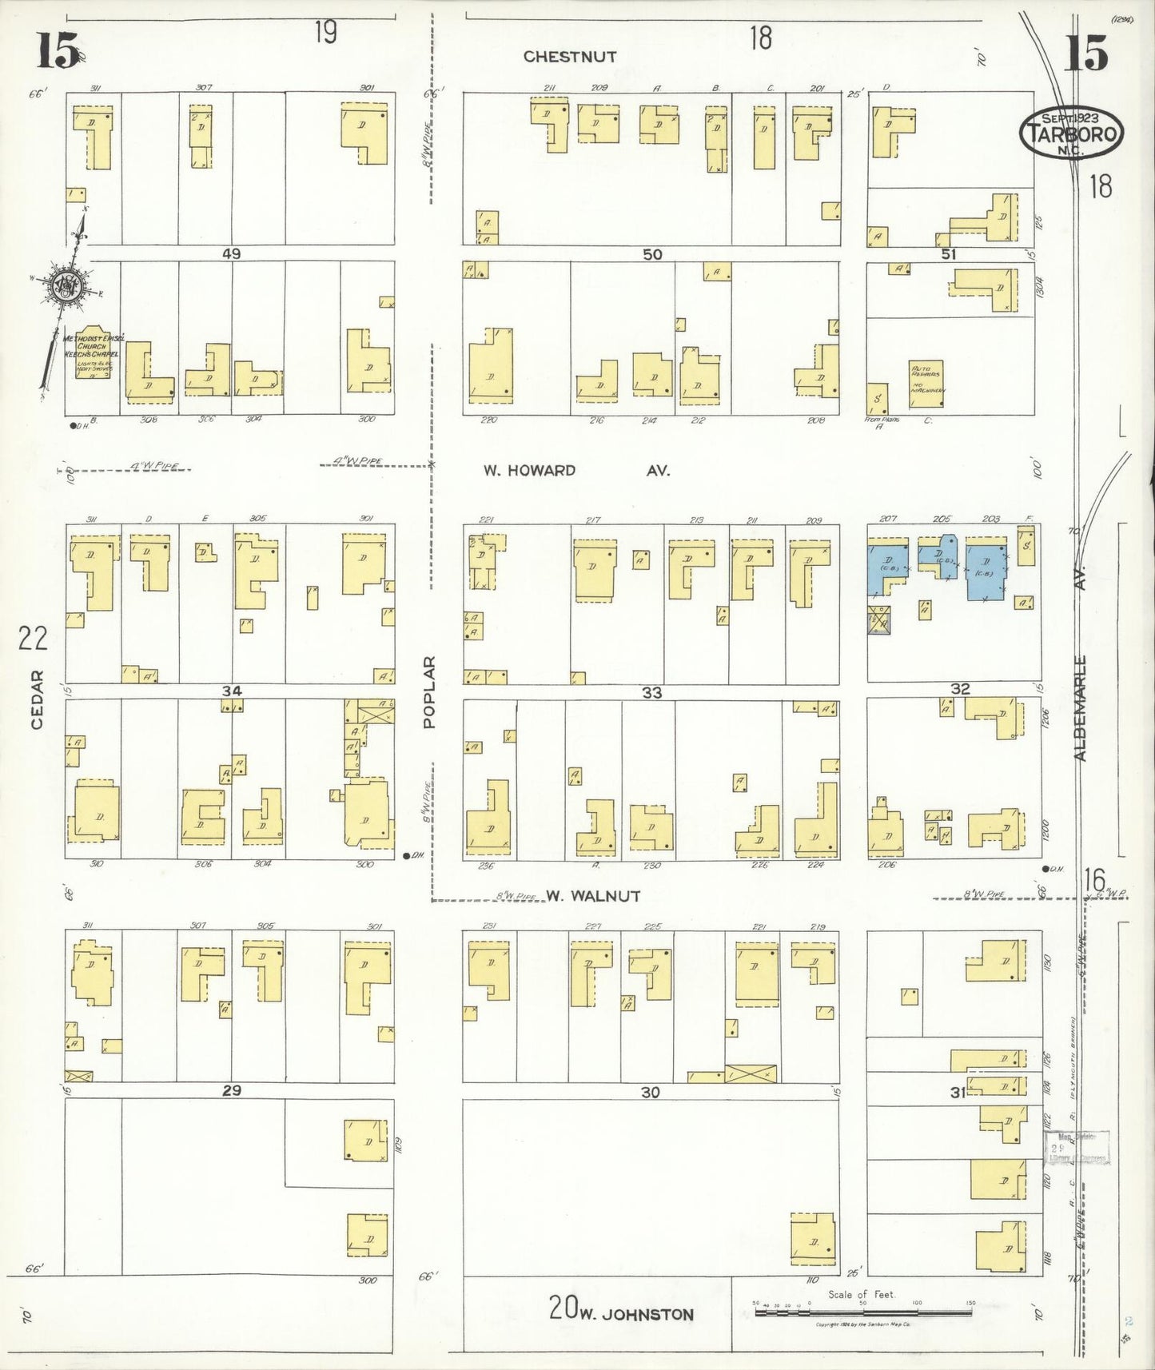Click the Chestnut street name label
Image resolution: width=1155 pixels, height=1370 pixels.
(x=570, y=57)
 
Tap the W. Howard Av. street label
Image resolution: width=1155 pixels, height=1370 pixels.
(x=576, y=471)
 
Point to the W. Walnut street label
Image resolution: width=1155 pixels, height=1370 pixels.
(x=593, y=896)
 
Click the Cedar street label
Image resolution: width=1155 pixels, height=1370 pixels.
(x=36, y=699)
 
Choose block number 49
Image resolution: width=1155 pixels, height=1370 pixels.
(x=231, y=254)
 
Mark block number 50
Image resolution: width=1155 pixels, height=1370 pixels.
(x=652, y=254)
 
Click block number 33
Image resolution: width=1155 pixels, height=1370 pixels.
(x=652, y=692)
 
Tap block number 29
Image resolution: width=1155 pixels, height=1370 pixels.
(x=231, y=1090)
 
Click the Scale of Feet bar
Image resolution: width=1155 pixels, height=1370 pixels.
(x=863, y=1312)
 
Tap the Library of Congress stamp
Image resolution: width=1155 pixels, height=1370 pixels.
(x=1077, y=1148)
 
